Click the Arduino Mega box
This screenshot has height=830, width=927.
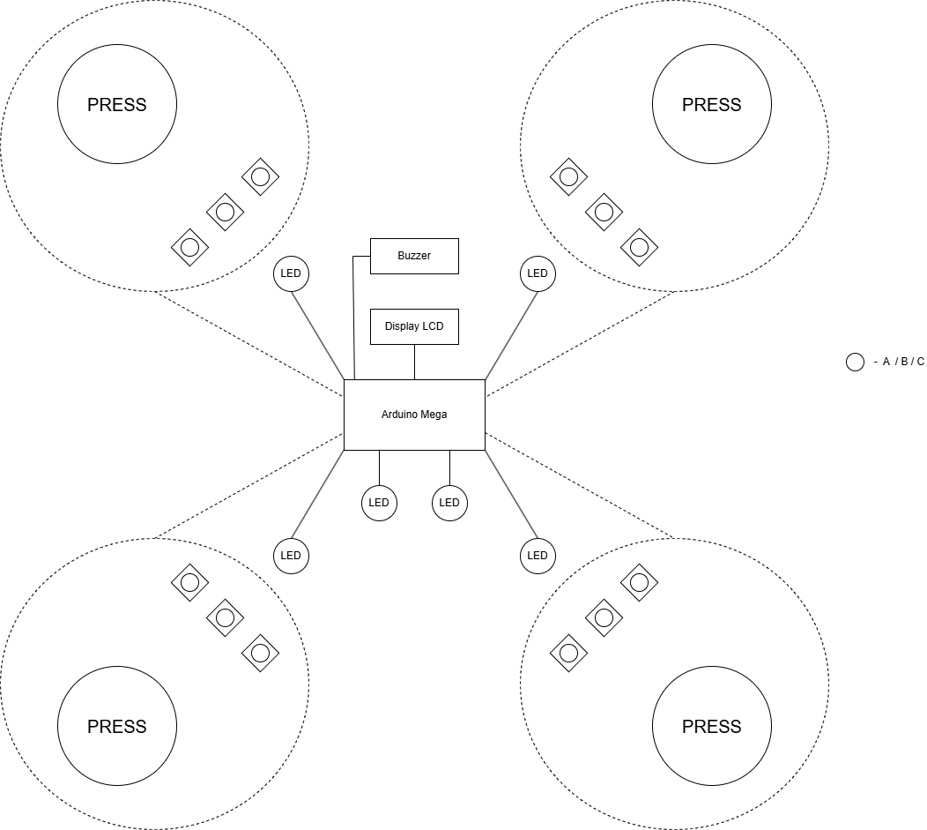pos(414,415)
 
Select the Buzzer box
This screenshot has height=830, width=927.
pos(414,256)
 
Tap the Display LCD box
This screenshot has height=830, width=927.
pos(414,326)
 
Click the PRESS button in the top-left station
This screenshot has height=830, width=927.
pos(117,104)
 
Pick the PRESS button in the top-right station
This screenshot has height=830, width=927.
pos(712,104)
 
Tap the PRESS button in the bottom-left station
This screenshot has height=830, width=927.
pos(117,726)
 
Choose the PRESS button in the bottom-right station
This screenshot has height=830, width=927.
pos(712,726)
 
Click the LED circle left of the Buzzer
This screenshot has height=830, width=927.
pos(291,273)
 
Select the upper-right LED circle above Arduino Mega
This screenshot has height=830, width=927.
pos(538,273)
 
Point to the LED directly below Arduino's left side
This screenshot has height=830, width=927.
pos(379,503)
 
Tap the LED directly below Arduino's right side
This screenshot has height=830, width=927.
pos(449,503)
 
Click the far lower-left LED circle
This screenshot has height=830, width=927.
pos(291,556)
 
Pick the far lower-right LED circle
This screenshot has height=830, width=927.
pos(538,556)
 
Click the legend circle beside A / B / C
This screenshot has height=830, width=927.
pos(855,362)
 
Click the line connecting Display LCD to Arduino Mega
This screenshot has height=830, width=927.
pos(414,362)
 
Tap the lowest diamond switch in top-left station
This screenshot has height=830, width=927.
pos(189,247)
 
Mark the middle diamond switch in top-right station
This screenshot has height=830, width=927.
pos(604,212)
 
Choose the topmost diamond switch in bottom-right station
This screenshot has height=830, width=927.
pos(640,582)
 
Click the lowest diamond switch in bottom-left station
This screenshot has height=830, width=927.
pos(260,653)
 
